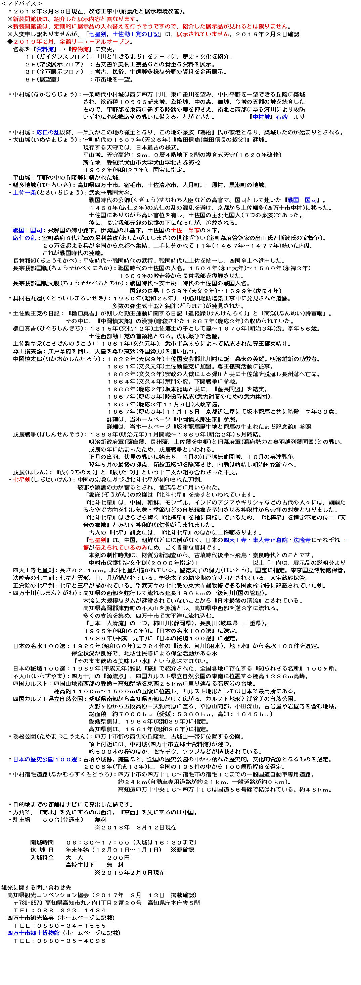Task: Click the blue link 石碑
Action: pos(281,117)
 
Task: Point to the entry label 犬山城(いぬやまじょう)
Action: pos(44,140)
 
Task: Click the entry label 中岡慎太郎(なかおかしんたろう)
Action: pos(57,359)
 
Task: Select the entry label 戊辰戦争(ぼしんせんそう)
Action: pos(50,435)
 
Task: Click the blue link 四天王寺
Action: pos(235,540)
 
